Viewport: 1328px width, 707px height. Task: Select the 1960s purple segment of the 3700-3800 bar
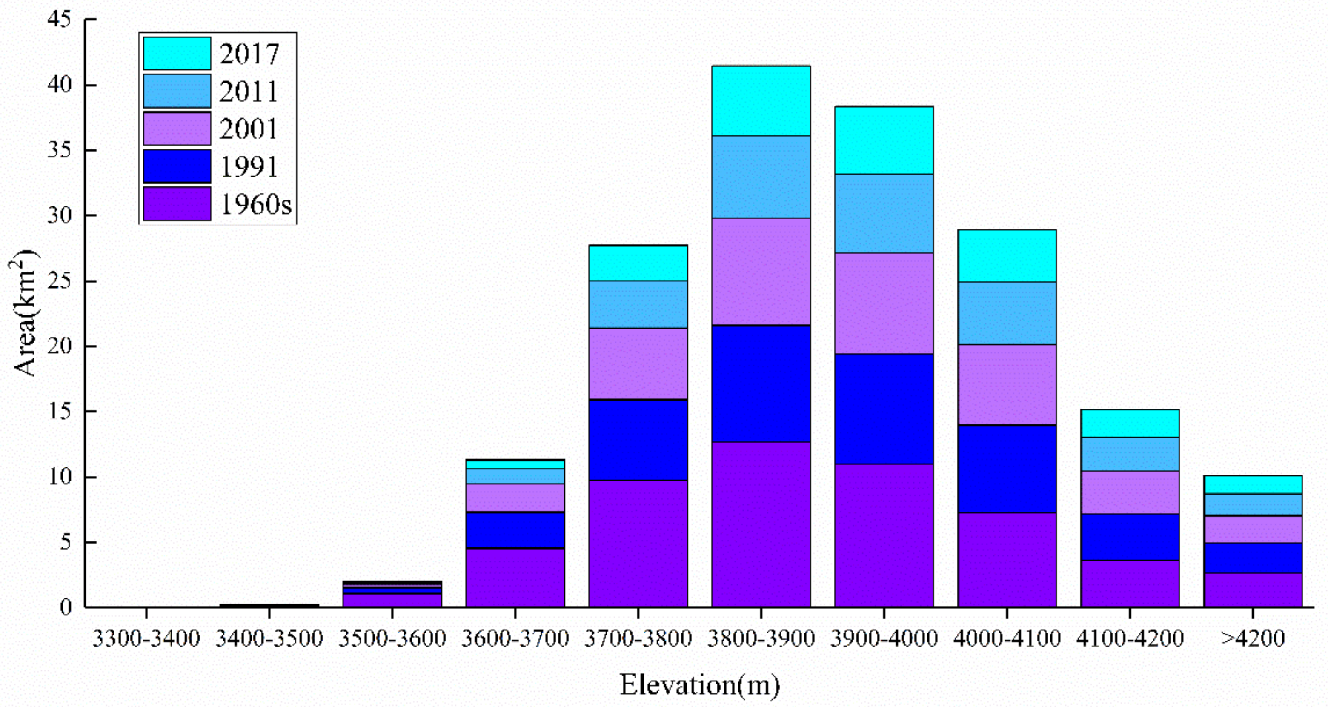coord(638,543)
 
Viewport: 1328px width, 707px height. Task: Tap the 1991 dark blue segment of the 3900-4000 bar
coord(884,409)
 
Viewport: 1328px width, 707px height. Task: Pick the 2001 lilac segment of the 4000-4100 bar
coord(1006,384)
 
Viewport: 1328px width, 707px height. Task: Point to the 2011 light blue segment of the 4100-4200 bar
coord(1130,454)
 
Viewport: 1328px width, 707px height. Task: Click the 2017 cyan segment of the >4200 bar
coord(1253,484)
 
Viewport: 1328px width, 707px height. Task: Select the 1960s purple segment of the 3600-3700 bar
coord(515,577)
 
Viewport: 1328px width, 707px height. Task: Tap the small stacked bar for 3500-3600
coord(392,593)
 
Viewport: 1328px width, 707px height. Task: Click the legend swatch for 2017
coord(177,53)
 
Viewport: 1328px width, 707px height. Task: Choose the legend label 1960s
coord(256,204)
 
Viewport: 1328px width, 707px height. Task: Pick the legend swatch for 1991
coord(177,166)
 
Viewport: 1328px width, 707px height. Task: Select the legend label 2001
coord(249,129)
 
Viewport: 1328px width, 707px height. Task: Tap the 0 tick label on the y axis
coord(65,607)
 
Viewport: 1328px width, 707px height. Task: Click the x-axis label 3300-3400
coord(146,639)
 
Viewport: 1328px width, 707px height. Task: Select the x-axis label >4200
coord(1253,639)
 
